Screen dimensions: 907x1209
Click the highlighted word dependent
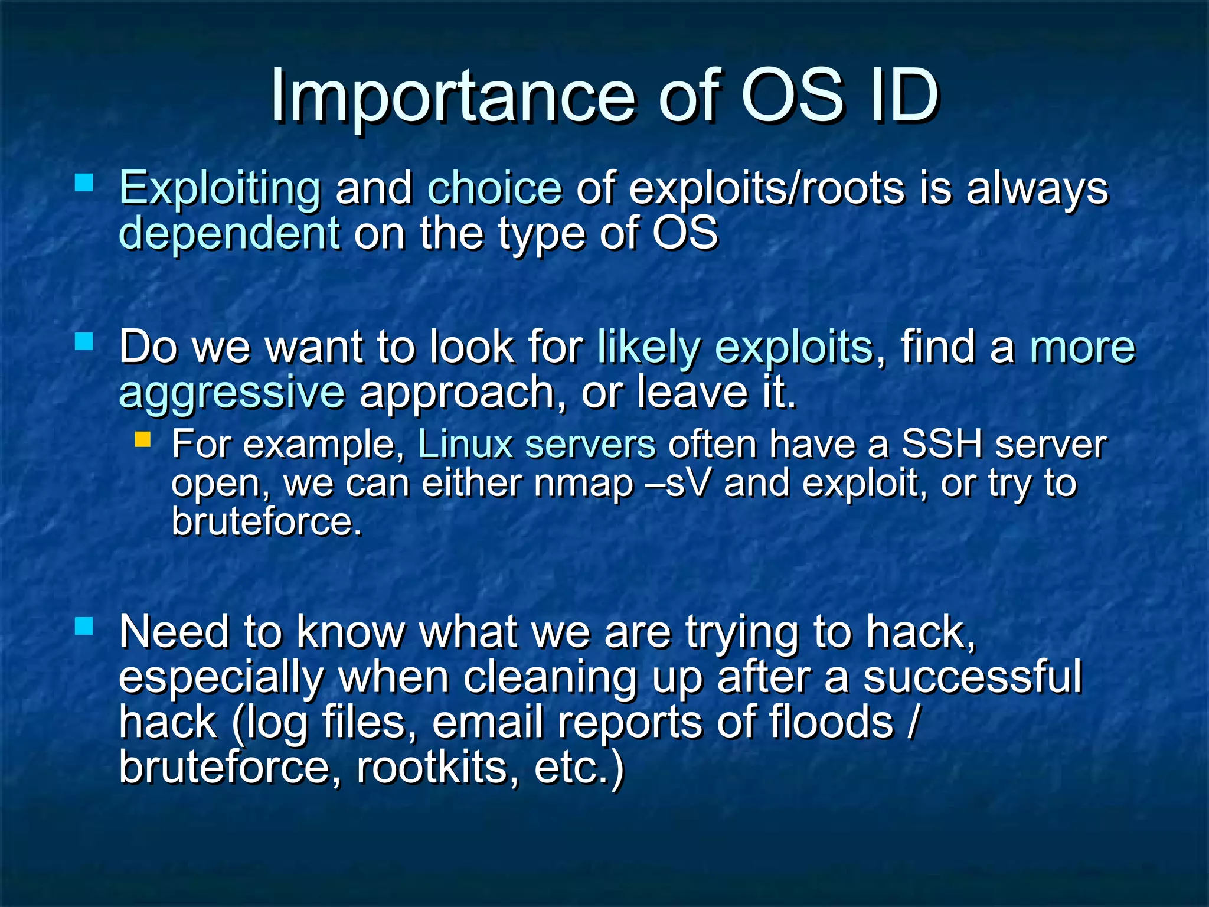pos(230,234)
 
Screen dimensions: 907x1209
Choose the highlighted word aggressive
pos(231,393)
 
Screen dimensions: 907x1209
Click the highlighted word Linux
pos(465,445)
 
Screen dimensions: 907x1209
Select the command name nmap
pos(583,484)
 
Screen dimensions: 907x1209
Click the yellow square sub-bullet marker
pos(142,439)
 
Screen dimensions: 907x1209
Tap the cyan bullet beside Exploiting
pos(84,182)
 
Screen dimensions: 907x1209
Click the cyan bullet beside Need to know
pos(84,626)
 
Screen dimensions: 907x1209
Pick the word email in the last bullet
pos(488,723)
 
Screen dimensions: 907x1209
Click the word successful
pos(972,678)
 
